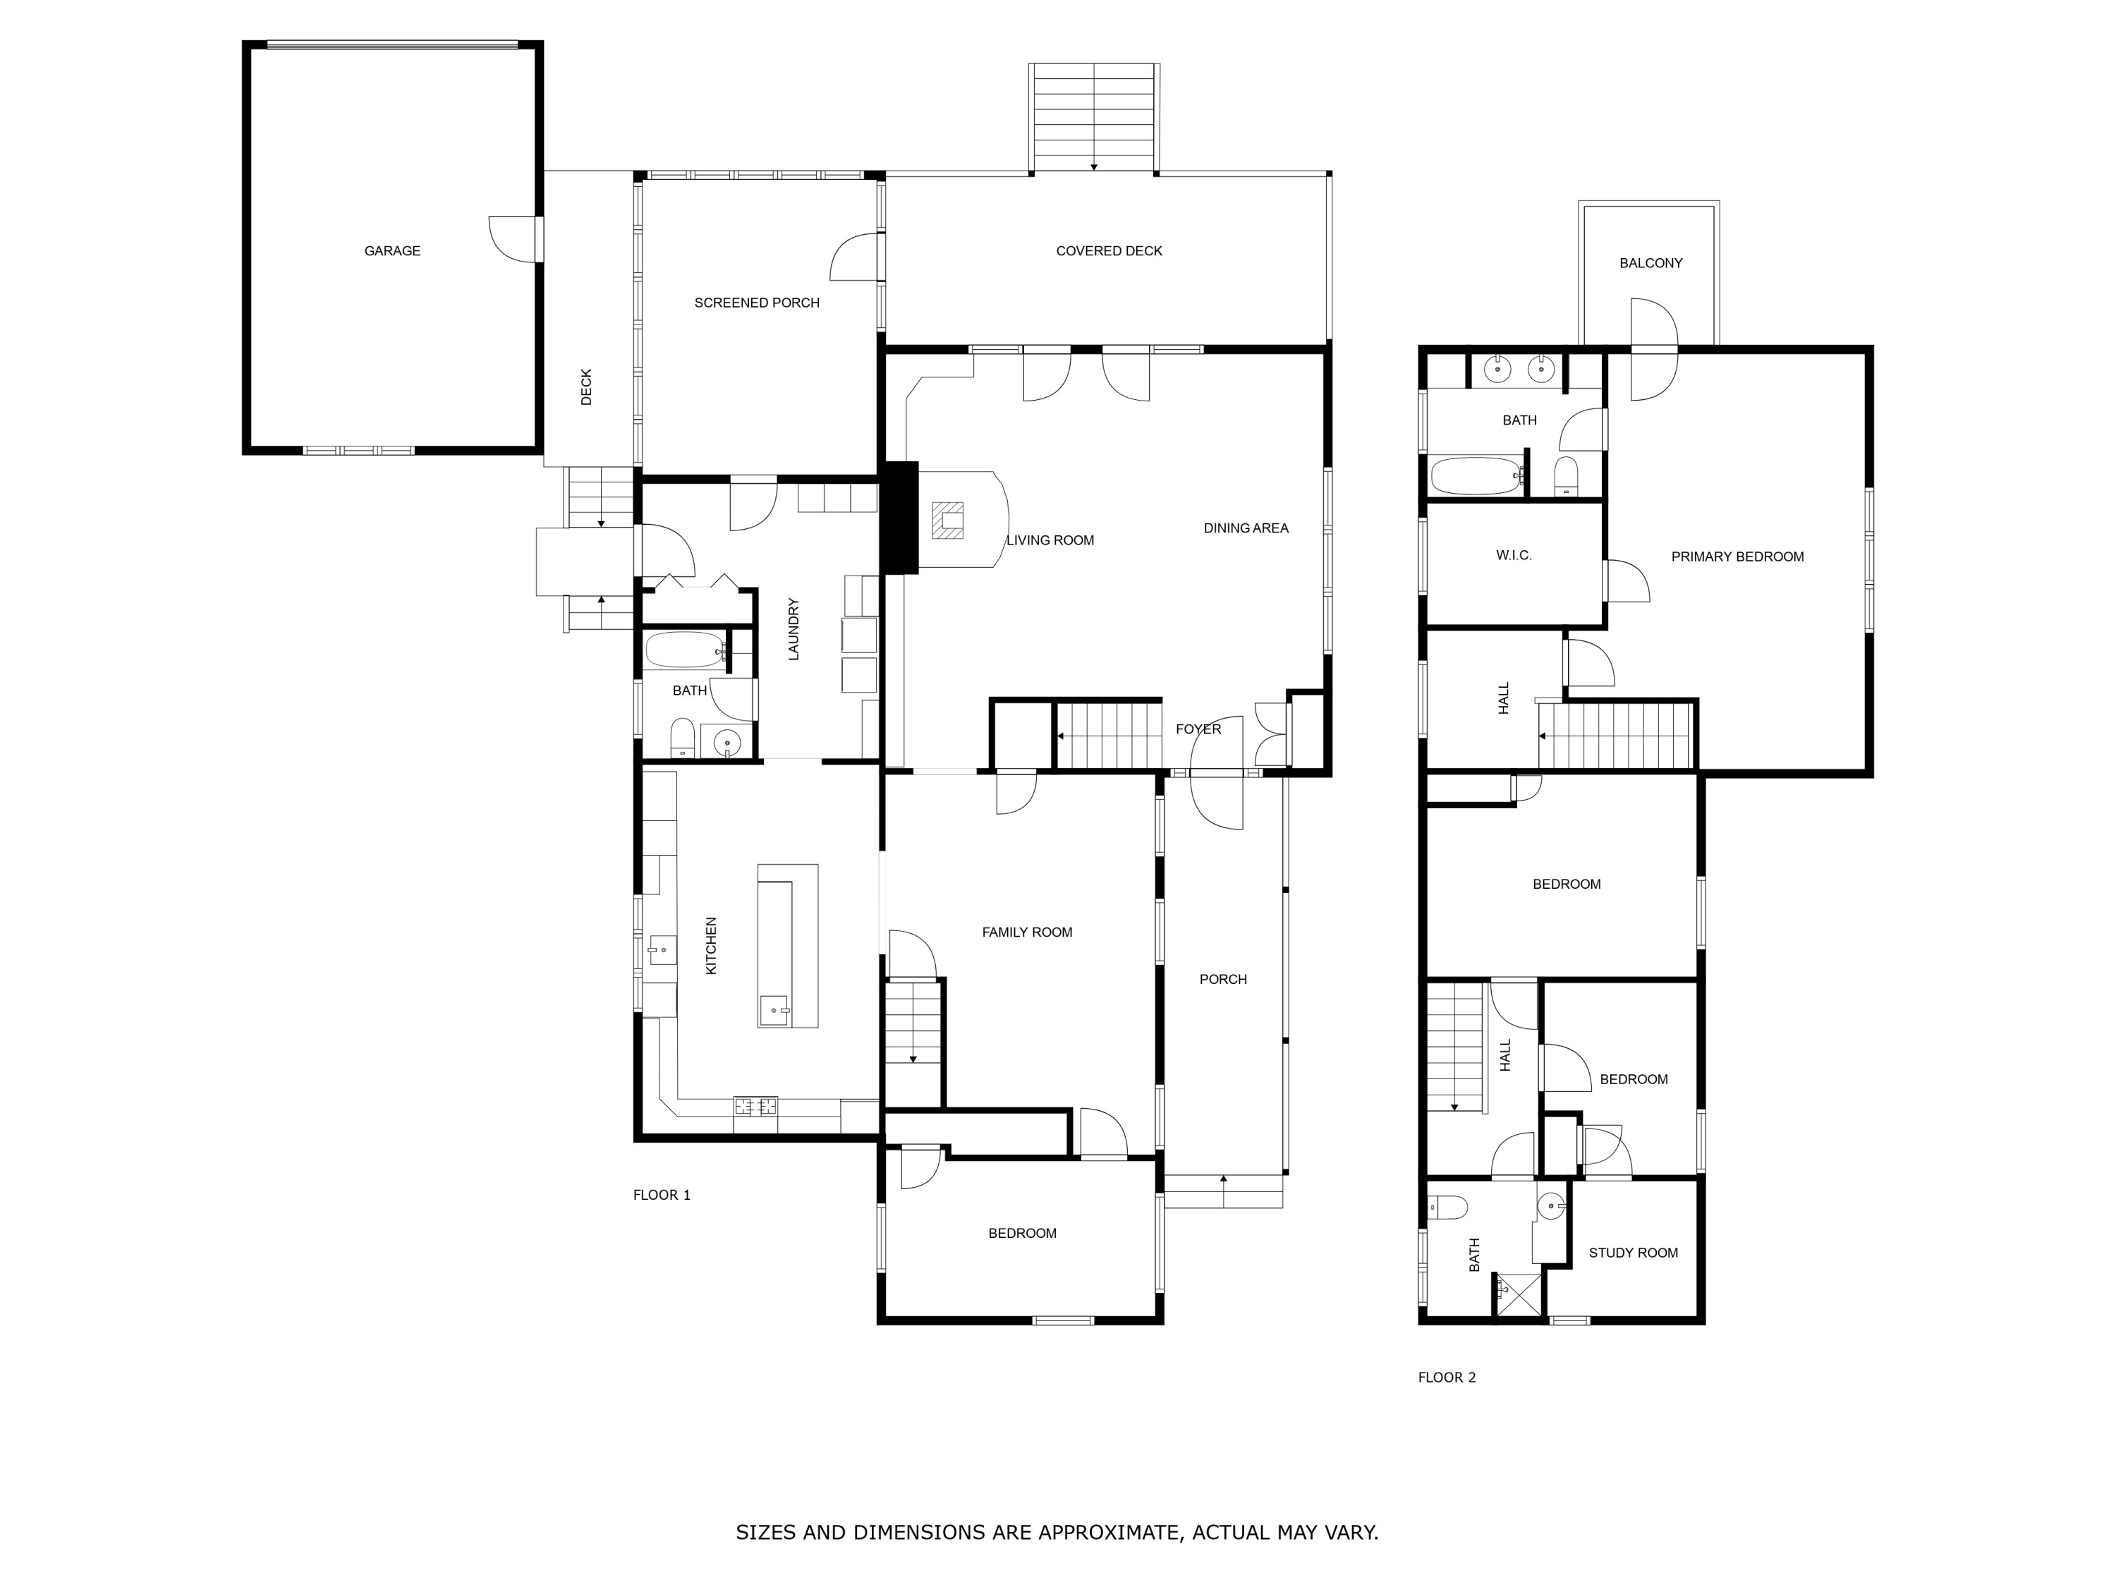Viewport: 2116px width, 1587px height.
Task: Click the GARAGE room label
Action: [392, 250]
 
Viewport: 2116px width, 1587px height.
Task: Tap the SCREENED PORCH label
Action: [757, 303]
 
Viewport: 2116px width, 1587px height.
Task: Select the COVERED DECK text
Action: [1109, 250]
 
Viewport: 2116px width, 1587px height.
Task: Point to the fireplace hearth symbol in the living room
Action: [948, 521]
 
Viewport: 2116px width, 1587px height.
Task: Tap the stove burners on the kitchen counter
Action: [755, 1107]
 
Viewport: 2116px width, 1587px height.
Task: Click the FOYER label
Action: [1198, 729]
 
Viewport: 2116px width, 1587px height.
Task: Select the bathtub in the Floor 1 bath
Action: [685, 650]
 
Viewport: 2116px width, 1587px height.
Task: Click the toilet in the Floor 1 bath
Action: [682, 736]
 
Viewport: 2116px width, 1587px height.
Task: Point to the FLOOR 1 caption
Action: [661, 1195]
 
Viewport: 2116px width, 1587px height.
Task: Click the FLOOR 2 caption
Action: [1447, 1378]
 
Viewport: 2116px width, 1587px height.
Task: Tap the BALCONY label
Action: [1650, 263]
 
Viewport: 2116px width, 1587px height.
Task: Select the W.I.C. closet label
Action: [1514, 555]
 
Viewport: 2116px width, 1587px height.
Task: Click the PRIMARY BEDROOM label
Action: [1737, 557]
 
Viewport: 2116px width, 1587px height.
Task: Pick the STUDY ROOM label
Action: [1633, 1253]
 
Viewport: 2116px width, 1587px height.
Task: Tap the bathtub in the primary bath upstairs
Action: [1476, 475]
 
